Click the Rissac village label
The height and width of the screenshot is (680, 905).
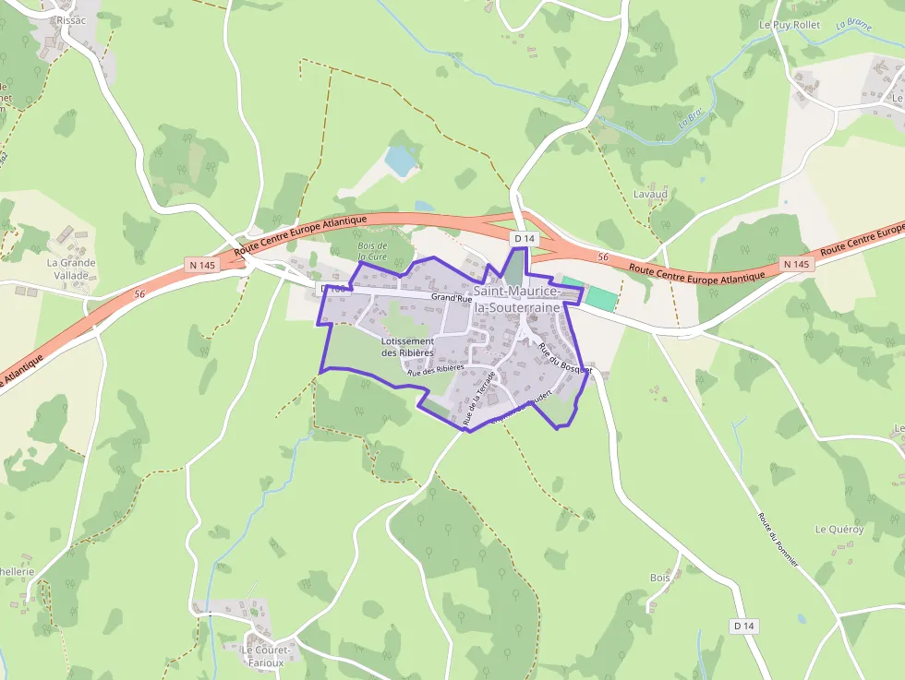[70, 19]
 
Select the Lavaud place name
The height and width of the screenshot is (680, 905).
[650, 195]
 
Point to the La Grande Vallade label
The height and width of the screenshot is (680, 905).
[71, 268]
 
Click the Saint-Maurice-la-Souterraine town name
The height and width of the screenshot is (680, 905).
[516, 299]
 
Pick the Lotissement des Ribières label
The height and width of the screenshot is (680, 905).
[407, 347]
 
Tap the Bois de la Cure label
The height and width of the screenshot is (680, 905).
[372, 250]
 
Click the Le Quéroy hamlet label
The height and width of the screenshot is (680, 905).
[839, 529]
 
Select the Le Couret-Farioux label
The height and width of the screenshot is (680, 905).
[266, 655]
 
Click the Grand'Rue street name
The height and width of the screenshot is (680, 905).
[452, 298]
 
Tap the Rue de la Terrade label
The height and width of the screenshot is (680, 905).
[479, 399]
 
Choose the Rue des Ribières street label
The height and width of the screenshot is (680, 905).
[435, 369]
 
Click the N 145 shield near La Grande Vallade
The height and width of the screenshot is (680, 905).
[200, 265]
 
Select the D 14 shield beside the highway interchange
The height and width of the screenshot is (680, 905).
[525, 239]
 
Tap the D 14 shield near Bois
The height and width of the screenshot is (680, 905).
[744, 626]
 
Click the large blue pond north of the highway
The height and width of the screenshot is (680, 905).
[401, 161]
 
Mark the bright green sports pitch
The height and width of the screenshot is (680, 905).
[601, 298]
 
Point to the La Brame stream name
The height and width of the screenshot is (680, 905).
[853, 26]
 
